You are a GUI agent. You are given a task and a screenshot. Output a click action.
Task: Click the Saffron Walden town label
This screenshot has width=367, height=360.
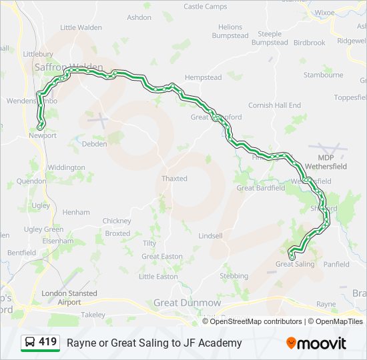coord(68,67)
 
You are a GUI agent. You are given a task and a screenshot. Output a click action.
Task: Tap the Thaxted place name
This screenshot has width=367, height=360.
coord(174,179)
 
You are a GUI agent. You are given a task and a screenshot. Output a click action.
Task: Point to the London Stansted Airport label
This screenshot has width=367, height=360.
coord(69,297)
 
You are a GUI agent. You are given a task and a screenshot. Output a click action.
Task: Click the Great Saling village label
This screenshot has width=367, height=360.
coord(295,264)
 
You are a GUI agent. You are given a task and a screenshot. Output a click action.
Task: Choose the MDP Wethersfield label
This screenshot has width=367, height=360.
coord(326,162)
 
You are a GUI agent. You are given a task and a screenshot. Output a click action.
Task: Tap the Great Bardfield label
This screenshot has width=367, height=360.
coord(261,188)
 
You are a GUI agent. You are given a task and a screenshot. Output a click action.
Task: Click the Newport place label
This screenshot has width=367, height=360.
coord(43,135)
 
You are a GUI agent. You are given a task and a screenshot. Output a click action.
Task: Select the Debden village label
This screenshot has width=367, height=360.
coord(94,143)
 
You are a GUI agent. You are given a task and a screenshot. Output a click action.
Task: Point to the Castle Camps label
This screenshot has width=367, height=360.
coord(206,7)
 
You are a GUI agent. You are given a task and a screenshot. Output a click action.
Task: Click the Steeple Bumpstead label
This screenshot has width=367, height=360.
coord(270,38)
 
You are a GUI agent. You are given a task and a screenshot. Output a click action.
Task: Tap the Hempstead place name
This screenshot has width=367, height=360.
coord(203,77)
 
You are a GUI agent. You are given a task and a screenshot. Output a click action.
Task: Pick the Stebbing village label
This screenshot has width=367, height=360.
coord(234,275)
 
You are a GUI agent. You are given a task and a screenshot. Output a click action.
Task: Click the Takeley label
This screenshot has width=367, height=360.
coord(93,314)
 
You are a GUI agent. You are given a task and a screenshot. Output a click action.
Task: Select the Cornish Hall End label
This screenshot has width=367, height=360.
coord(275,105)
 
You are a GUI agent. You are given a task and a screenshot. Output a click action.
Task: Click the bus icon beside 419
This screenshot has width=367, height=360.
coord(30,343)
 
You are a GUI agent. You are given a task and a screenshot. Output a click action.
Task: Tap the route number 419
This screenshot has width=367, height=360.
coord(47,342)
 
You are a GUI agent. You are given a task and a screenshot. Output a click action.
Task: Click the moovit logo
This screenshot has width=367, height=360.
coord(316,343)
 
